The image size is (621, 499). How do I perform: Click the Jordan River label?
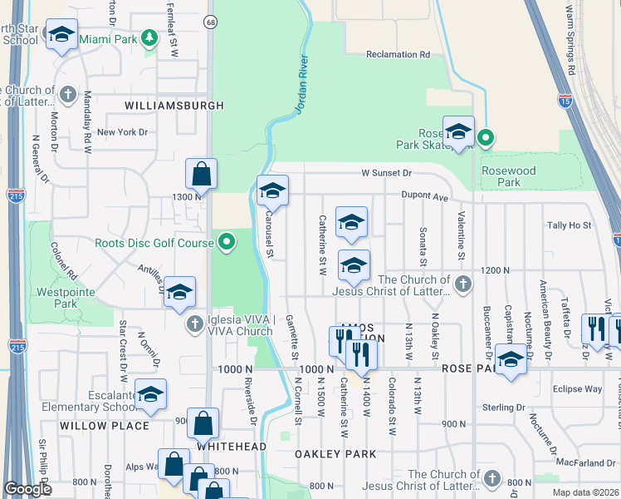[302, 85]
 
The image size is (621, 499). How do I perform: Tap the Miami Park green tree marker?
[149, 38]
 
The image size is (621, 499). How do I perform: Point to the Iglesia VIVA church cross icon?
[195, 324]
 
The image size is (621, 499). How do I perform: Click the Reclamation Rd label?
[399, 55]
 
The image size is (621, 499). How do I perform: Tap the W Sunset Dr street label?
[386, 173]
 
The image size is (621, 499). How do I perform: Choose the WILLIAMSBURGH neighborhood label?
[174, 106]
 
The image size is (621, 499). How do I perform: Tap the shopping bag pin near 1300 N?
[201, 175]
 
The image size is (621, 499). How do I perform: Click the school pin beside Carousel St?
[272, 192]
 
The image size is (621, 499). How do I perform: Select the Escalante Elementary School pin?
[151, 395]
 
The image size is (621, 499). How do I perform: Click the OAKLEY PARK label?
[335, 454]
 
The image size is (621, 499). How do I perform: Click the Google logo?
[27, 489]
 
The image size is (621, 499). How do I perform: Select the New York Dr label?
[122, 132]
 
